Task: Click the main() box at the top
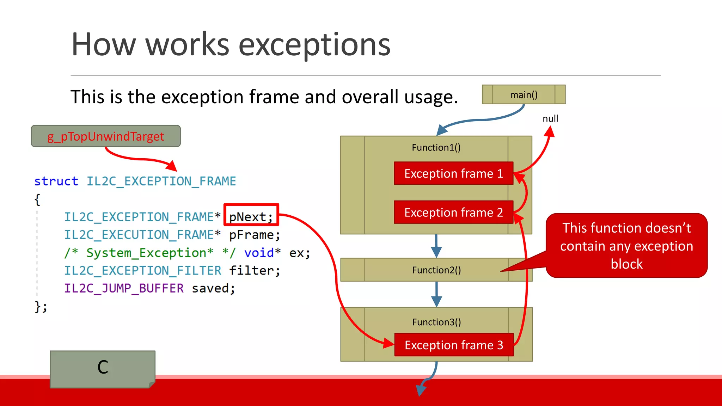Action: pos(524,94)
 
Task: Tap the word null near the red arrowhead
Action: pos(550,118)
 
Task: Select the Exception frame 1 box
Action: pos(453,173)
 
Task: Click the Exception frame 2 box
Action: pos(453,212)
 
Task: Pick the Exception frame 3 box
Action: pos(454,345)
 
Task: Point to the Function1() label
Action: pos(436,147)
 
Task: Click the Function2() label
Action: pos(436,270)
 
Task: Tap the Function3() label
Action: pos(436,322)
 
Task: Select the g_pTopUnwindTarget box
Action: pos(106,136)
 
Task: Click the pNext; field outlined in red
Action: pos(251,216)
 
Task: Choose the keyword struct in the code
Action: pos(56,181)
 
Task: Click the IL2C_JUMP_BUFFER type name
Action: pos(124,288)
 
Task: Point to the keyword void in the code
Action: pos(259,253)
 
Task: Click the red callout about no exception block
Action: pos(626,246)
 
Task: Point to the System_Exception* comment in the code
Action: pos(150,253)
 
